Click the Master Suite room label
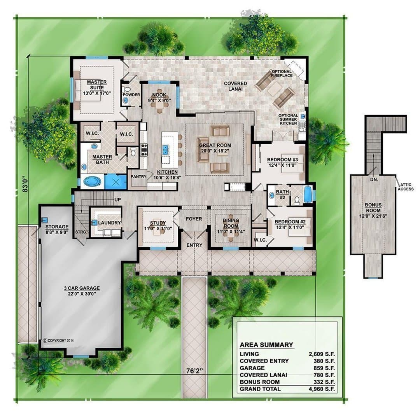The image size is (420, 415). [97, 85]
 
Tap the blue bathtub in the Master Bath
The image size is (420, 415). [92, 182]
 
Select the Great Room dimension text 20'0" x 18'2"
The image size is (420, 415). [215, 151]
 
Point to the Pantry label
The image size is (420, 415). [138, 176]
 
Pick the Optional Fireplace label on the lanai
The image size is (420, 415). [282, 73]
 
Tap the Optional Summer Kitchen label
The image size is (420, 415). [288, 119]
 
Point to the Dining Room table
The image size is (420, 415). [231, 232]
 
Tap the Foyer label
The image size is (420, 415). [194, 219]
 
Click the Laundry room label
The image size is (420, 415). [109, 223]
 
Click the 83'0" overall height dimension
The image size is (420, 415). [25, 184]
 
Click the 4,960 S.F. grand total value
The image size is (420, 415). [322, 389]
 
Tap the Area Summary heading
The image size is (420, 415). [266, 345]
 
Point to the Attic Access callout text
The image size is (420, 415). [406, 187]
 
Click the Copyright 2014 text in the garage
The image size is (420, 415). [58, 341]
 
